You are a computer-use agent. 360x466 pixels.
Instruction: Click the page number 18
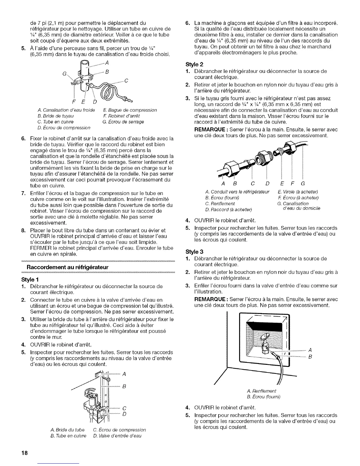click(x=24, y=453)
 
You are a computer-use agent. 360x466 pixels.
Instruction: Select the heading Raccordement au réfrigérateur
click(x=68, y=267)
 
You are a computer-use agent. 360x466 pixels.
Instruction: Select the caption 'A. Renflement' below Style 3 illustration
click(x=261, y=391)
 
